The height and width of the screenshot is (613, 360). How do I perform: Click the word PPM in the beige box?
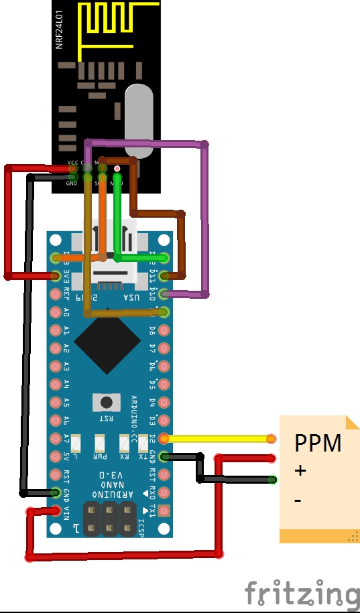click(x=318, y=444)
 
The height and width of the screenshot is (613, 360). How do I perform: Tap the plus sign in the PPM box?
click(x=300, y=471)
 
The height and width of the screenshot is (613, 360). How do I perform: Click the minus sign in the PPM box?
click(x=298, y=500)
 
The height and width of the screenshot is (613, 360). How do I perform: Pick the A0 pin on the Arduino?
click(x=56, y=312)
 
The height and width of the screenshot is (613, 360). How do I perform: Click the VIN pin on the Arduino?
click(x=56, y=511)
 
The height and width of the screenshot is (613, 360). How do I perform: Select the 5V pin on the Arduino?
click(x=56, y=457)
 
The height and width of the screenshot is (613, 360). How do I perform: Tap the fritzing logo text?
click(x=301, y=594)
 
